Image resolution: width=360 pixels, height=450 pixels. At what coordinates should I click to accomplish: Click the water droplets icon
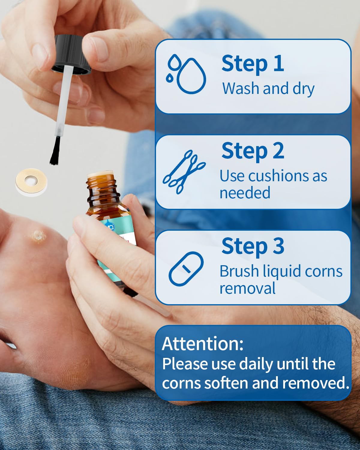point(186,74)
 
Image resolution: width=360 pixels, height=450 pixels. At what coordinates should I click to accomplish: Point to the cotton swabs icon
point(184,172)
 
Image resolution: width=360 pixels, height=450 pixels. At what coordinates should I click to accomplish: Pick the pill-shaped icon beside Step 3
point(186,269)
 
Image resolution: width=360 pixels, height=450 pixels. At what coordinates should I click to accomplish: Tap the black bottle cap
point(71,55)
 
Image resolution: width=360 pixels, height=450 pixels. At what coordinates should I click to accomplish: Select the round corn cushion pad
point(31,182)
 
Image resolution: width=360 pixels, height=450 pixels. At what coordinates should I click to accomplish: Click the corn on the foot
point(38,236)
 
